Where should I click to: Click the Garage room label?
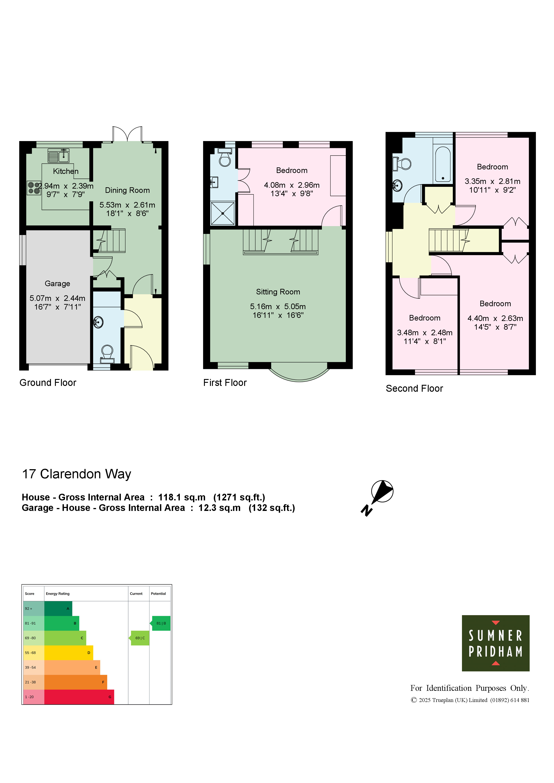(x=57, y=283)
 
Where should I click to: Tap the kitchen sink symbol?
(x=58, y=156)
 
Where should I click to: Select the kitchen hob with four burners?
(x=34, y=188)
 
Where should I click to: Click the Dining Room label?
(x=127, y=190)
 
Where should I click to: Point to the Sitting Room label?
(x=278, y=292)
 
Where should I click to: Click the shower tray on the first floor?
(x=222, y=213)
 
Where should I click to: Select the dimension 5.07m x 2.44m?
(x=57, y=298)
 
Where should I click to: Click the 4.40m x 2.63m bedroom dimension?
(x=495, y=318)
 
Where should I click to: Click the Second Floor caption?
(x=414, y=388)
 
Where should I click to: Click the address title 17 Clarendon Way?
(x=76, y=474)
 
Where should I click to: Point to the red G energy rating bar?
(x=79, y=697)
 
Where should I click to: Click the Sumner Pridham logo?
(x=496, y=643)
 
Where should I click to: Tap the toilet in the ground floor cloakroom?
(x=107, y=354)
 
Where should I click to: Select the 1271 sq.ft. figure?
(x=239, y=497)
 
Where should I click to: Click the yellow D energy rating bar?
(x=69, y=653)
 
